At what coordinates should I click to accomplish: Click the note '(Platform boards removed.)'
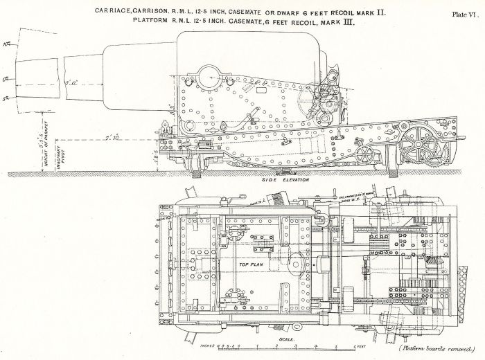tap(433, 350)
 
